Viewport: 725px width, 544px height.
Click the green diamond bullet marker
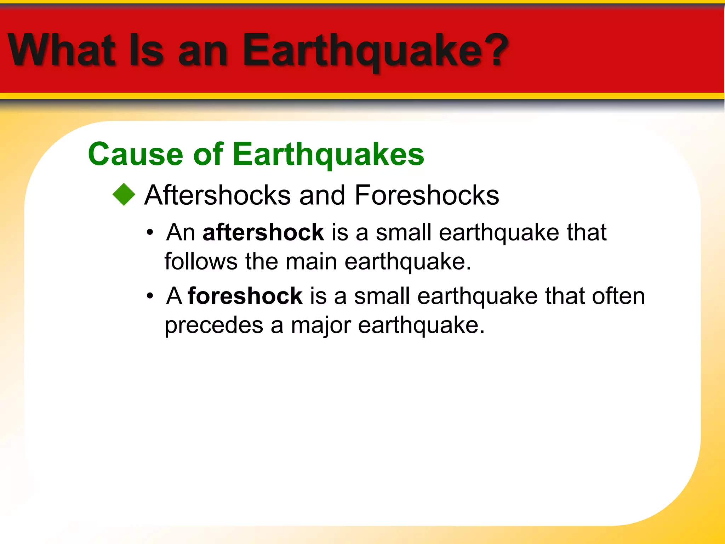tap(124, 194)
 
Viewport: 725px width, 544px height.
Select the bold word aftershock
tap(263, 232)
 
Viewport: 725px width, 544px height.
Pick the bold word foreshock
tap(245, 296)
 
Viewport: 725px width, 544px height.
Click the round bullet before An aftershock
tap(150, 233)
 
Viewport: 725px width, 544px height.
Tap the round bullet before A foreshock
tap(150, 296)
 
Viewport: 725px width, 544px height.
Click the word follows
tap(201, 261)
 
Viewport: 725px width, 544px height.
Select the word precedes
tap(214, 325)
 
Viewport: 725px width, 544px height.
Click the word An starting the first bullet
tap(181, 232)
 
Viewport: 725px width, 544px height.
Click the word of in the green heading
tap(208, 154)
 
